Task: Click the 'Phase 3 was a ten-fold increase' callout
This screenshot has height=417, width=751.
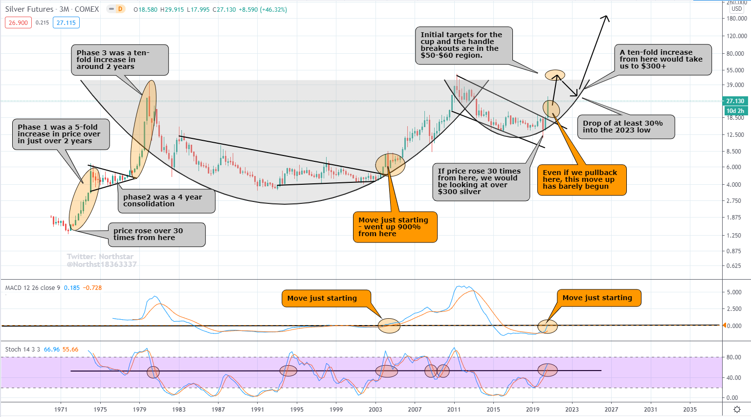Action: (x=120, y=60)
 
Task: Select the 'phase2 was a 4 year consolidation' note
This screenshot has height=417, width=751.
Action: (x=166, y=200)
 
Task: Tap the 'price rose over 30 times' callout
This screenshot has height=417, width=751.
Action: (x=156, y=235)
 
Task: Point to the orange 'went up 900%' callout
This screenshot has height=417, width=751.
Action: (x=394, y=227)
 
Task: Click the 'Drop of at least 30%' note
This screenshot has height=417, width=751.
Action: (x=626, y=127)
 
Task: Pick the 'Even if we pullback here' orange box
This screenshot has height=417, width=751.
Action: (x=581, y=179)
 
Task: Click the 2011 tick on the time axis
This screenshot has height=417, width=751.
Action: (x=454, y=409)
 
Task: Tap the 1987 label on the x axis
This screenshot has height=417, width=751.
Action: (x=218, y=409)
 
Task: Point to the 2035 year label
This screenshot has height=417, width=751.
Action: (x=689, y=409)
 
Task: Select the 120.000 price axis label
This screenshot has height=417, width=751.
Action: (x=736, y=36)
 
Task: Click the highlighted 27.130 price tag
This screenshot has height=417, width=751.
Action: (x=735, y=101)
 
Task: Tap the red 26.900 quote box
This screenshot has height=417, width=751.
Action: (x=18, y=22)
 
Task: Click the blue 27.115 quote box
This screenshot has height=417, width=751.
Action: (x=66, y=22)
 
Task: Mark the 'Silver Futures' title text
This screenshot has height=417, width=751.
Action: (x=29, y=9)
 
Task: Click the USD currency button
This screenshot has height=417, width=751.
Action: (x=736, y=9)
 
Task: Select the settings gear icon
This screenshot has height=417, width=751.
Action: (x=737, y=409)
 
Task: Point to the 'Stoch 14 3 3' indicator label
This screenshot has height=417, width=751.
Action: (x=23, y=350)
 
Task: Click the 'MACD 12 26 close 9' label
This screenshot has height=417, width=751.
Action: (x=33, y=288)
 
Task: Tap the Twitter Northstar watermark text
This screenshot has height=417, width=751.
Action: (x=101, y=260)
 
